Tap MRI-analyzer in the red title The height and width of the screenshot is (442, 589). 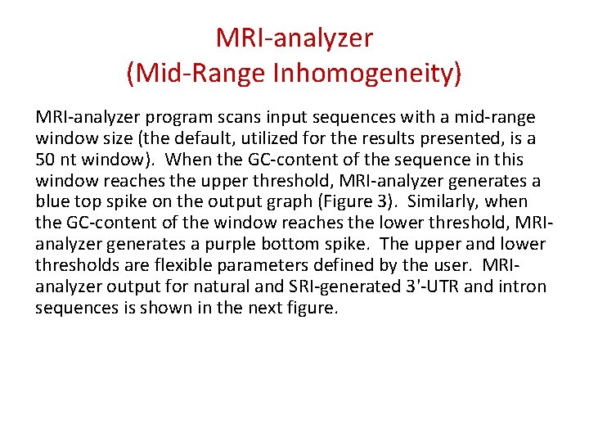coord(294,38)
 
